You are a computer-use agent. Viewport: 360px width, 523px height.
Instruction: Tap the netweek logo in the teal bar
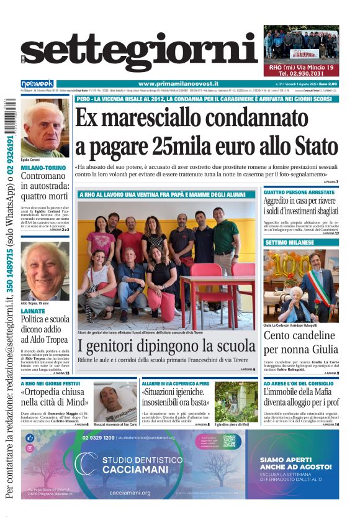point(37,83)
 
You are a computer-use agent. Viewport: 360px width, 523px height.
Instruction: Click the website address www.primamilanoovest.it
point(176,84)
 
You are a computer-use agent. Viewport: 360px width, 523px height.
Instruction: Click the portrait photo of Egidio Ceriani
point(45,129)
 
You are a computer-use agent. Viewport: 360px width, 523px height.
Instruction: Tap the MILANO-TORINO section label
point(43,168)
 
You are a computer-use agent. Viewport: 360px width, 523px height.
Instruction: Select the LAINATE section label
point(32,311)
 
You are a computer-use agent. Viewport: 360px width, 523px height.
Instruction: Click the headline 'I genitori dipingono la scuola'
point(166,347)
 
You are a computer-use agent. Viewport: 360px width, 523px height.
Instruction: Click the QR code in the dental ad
point(230,442)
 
